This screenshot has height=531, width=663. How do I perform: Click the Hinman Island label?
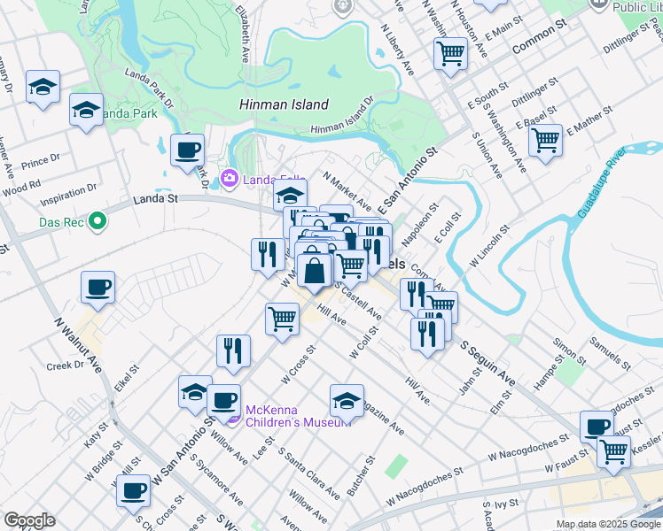pyautogui.click(x=284, y=104)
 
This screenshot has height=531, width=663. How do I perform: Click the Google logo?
pyautogui.click(x=29, y=520)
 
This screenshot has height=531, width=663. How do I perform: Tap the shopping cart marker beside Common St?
pyautogui.click(x=451, y=54)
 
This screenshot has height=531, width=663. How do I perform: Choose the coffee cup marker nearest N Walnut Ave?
pyautogui.click(x=98, y=287)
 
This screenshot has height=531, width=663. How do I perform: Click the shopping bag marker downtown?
pyautogui.click(x=314, y=270)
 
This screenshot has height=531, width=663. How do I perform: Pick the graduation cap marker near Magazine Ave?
pyautogui.click(x=347, y=400)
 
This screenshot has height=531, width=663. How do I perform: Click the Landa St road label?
pyautogui.click(x=156, y=200)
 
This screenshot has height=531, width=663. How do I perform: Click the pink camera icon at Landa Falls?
pyautogui.click(x=230, y=180)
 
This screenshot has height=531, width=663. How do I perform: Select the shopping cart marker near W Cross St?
pyautogui.click(x=282, y=318)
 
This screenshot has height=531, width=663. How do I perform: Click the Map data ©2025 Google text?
pyautogui.click(x=608, y=524)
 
